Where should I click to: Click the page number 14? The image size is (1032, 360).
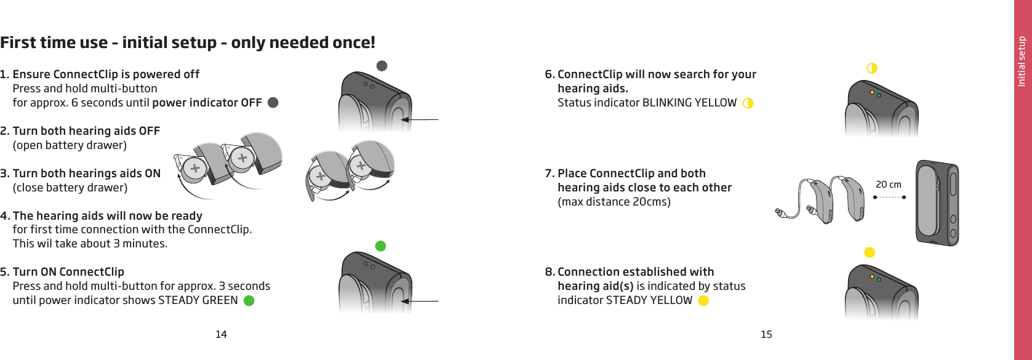point(221,334)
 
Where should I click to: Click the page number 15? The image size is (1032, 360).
point(766,334)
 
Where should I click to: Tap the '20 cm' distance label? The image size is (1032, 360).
point(888,185)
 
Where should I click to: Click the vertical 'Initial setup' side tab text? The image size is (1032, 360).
point(1022,62)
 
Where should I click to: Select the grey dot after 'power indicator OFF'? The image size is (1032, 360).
point(273,103)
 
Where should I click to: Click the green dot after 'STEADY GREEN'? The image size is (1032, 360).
point(249,301)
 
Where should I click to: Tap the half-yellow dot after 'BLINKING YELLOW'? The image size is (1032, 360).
point(748,103)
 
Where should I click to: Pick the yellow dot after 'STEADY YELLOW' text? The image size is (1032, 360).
point(703,301)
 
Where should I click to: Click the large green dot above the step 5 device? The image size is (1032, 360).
point(381,246)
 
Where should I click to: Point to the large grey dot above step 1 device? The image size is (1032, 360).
point(382,66)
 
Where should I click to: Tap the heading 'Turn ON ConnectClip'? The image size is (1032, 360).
point(68,272)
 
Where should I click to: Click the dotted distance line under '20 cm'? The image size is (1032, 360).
point(890,198)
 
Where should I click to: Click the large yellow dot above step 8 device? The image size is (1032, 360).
point(870,252)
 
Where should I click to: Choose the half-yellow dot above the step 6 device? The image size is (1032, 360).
point(871,68)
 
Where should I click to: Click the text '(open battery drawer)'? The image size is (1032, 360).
point(70,145)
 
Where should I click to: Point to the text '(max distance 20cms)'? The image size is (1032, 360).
point(614,202)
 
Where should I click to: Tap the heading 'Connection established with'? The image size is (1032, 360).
point(636,272)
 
